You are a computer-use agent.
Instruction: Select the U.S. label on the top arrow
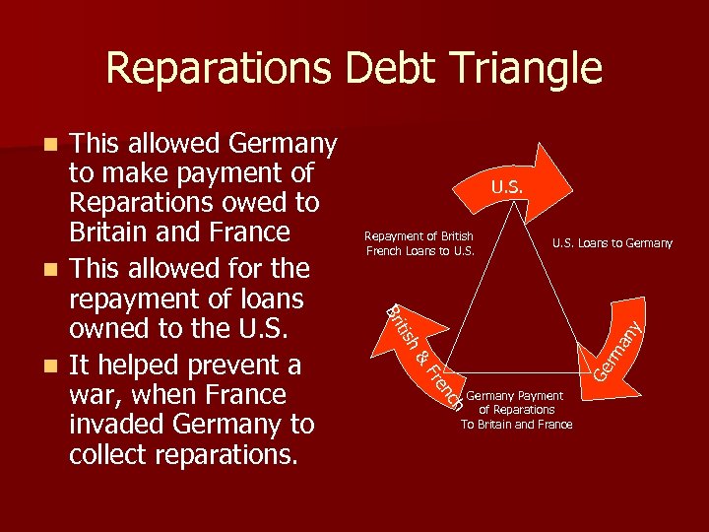pos(508,186)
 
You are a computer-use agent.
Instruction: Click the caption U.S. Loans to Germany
pos(612,243)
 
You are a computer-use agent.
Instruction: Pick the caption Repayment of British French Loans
pos(419,243)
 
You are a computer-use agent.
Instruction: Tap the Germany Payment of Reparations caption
pos(515,410)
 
